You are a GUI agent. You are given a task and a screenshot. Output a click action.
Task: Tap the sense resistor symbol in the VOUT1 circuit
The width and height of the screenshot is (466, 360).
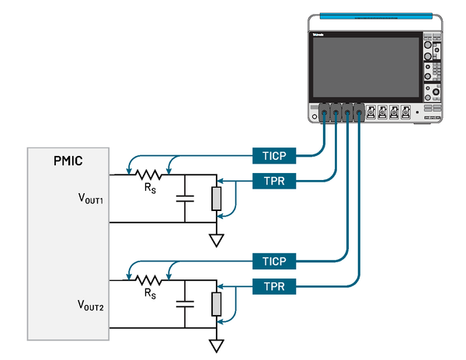149,175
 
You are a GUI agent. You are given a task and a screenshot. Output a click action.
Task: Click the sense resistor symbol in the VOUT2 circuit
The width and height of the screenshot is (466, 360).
149,279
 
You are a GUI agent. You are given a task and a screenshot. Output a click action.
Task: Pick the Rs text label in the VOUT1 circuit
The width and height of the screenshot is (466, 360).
150,189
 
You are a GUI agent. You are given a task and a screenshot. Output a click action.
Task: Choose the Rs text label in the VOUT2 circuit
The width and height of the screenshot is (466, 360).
150,294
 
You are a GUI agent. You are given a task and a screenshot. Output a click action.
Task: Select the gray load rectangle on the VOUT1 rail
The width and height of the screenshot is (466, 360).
217,199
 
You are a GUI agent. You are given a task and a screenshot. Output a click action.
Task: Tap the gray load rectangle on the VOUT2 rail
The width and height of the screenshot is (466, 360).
217,303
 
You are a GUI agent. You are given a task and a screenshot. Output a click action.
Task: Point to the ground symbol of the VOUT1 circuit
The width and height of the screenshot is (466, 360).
217,240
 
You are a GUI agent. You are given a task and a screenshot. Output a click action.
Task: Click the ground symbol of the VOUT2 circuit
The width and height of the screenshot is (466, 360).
217,345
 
